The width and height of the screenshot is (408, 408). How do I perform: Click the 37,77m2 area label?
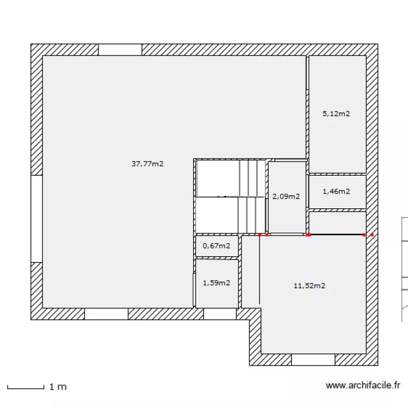[147, 164]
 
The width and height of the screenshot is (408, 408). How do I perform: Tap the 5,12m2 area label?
[336, 114]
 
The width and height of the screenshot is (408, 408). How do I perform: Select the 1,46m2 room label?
[336, 191]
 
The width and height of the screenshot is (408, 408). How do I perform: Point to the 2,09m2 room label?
[286, 196]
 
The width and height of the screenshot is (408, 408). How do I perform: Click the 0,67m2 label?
[217, 246]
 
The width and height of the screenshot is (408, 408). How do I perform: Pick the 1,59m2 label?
[217, 282]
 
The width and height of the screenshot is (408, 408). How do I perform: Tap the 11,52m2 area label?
[310, 286]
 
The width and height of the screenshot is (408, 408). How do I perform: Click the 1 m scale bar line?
[26, 388]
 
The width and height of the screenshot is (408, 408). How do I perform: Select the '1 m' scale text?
[58, 387]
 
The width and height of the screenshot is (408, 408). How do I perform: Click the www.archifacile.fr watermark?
[363, 385]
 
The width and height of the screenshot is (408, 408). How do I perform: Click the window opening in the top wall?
[120, 50]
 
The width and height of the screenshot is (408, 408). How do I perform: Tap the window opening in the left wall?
[36, 219]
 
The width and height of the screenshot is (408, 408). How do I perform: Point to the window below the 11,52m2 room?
[313, 360]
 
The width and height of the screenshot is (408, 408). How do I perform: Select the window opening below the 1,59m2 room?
[220, 314]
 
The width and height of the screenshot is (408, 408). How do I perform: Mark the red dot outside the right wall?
[372, 234]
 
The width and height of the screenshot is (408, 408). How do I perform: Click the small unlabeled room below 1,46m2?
[337, 222]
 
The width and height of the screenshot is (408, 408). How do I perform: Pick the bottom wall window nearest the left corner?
[107, 314]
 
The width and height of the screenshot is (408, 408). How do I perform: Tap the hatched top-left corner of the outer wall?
[36, 50]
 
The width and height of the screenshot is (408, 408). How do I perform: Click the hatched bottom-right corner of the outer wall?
[372, 360]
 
